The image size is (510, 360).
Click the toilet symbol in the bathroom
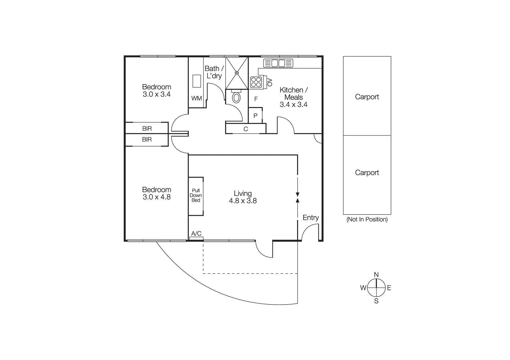[x=236, y=97]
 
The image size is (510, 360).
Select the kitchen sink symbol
[x=278, y=63]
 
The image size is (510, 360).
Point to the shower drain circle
[x=237, y=73]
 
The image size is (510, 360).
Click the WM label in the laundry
[x=196, y=98]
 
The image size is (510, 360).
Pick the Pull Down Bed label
[x=196, y=195]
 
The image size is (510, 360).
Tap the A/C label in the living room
[x=196, y=234]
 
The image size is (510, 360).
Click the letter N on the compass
[x=376, y=275]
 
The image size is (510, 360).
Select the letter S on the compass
[x=376, y=301]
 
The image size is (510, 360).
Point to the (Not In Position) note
[x=367, y=220]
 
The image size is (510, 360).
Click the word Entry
[x=310, y=218]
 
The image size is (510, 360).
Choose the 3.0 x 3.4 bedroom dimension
[x=157, y=94]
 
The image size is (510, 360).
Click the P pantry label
[x=255, y=116]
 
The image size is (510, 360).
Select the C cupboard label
[x=246, y=129]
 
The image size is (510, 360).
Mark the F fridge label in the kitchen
[x=256, y=99]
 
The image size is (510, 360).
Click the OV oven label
[x=270, y=82]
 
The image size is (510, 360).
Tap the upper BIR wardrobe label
[x=147, y=129]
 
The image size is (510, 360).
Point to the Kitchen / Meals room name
[x=294, y=94]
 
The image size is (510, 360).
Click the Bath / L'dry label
[x=214, y=72]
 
